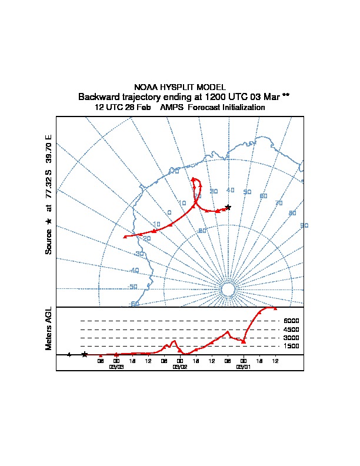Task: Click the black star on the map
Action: coord(228,207)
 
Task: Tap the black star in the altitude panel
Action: coord(85,354)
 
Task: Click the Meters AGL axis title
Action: coord(49,329)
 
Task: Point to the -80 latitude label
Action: coord(202,231)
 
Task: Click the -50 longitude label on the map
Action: coord(134,287)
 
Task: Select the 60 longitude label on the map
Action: coord(264,196)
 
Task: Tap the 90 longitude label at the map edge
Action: coord(304,225)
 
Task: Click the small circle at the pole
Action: coord(228,289)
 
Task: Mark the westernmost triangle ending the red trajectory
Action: coord(125,237)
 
